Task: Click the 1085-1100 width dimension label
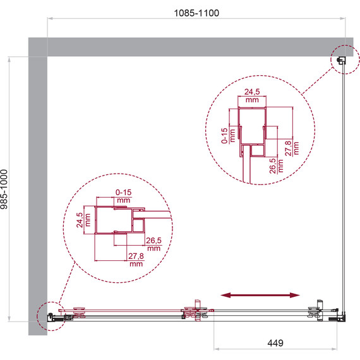196,13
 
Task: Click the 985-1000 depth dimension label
4,189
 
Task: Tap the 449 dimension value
275,343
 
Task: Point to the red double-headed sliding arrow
260,295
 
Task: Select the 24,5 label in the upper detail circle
252,92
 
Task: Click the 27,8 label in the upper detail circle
288,148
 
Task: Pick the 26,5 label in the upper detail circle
273,165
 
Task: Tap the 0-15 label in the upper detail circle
224,136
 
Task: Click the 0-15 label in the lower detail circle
123,192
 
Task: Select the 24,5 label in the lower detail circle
80,220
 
